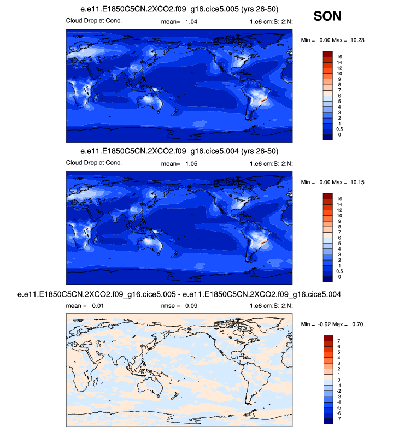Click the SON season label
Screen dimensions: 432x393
327,16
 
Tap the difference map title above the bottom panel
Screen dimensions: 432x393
180,294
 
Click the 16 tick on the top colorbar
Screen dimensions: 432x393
339,56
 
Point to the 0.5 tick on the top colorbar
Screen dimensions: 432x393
341,129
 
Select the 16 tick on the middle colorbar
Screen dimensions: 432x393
339,198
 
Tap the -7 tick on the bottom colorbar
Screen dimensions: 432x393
339,419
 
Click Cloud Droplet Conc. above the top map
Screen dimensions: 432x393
93,21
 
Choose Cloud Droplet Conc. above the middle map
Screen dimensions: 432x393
93,163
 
